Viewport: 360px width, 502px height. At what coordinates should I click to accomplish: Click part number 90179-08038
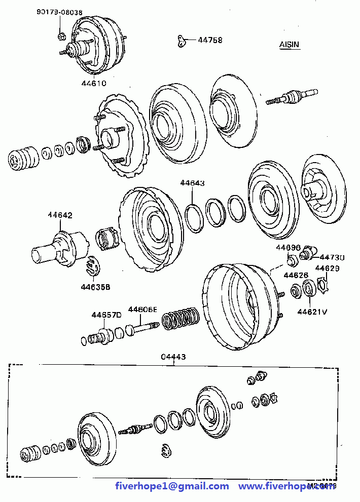coord(59,12)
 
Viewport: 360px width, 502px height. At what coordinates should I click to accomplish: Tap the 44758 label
coord(210,40)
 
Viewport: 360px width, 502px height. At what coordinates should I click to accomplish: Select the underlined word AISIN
coord(290,45)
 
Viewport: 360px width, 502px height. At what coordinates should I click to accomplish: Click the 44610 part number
coord(94,83)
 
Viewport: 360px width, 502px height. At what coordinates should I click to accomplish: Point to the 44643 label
coord(192,183)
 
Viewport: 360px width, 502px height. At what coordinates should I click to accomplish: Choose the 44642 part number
coord(60,215)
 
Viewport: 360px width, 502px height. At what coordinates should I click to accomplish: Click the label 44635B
coord(95,287)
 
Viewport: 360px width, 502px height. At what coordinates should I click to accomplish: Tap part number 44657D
coord(106,315)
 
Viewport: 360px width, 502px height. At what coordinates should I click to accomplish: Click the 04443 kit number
coord(173,357)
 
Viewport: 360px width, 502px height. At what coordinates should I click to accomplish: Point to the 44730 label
coord(332,257)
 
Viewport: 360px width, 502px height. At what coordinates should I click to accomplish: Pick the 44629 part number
coord(328,268)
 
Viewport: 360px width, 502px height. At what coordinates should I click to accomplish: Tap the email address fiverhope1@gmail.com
coord(172,486)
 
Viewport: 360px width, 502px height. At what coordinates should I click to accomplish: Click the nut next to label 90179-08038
coord(61,35)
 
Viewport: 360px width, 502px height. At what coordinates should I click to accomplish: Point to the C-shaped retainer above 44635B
coord(93,267)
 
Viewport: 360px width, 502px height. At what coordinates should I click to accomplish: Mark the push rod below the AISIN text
coord(292,96)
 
